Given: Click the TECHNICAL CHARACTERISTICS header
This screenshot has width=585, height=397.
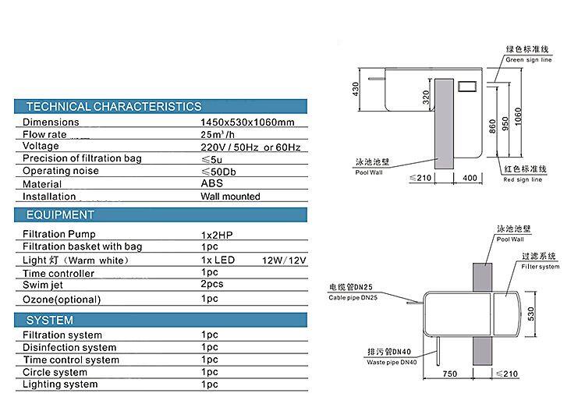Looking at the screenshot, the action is [114, 107].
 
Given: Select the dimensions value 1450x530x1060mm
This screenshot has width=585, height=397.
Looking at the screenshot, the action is [247, 122].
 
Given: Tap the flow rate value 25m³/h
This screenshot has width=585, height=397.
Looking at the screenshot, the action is [218, 134].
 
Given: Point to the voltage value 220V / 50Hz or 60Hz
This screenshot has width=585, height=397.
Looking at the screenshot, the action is [250, 147].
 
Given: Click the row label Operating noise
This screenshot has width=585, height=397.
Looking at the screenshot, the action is [61, 171].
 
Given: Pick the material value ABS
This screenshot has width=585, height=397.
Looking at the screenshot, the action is [212, 183].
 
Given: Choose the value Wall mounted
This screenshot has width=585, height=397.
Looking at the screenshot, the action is [230, 197].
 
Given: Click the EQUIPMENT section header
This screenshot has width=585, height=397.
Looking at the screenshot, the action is [60, 215].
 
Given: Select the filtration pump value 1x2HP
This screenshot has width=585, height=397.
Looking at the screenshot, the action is [217, 235].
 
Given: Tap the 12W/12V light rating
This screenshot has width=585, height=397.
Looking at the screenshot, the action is [284, 261].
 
